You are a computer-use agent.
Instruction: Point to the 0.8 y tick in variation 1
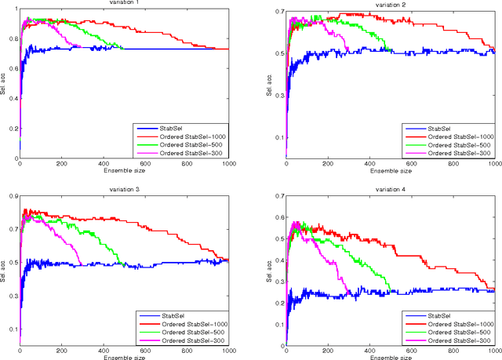(x=11, y=36)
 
